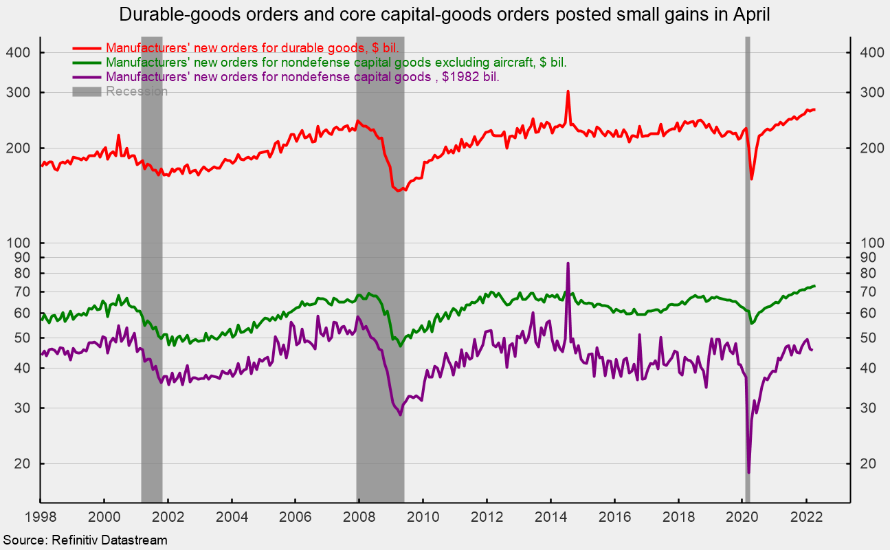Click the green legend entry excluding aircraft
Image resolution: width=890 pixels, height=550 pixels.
point(336,63)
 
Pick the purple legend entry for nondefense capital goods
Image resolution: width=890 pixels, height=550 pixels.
point(302,77)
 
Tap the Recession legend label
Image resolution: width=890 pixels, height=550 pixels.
point(136,91)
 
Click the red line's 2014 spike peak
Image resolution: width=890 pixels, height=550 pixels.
point(568,91)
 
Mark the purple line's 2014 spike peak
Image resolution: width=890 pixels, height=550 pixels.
point(568,263)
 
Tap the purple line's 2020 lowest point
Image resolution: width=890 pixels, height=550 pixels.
point(748,472)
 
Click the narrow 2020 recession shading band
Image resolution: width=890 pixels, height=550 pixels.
point(747,275)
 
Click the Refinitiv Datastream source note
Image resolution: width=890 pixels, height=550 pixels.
point(85,540)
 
